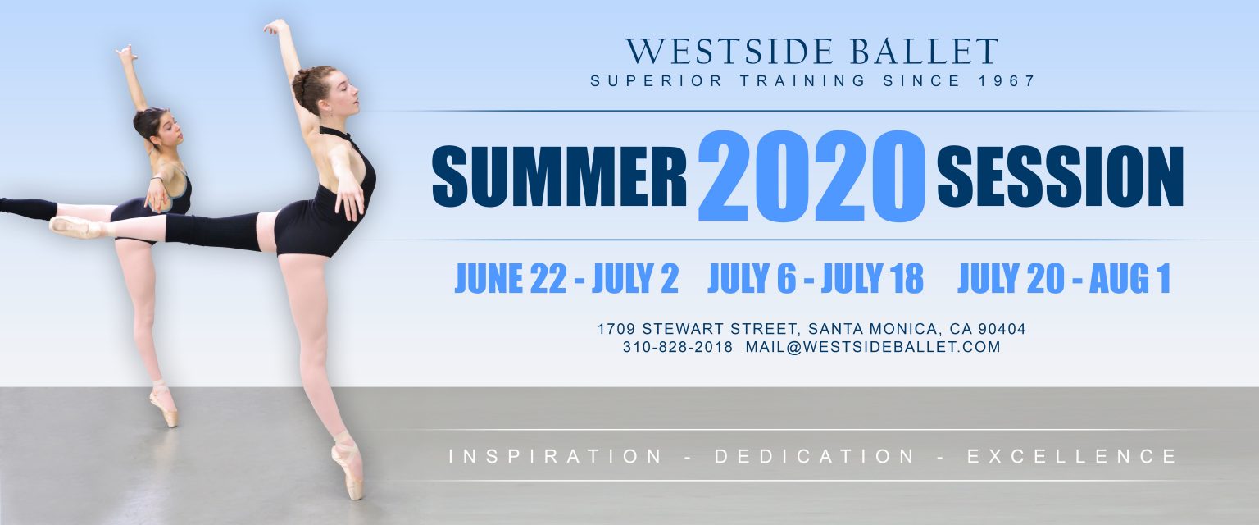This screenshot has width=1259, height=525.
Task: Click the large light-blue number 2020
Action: click(x=811, y=176)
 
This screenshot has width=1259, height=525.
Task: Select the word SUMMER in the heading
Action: click(x=559, y=176)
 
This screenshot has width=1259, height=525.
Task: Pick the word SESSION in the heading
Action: click(x=1060, y=176)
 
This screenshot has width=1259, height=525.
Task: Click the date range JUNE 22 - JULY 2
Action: click(x=566, y=278)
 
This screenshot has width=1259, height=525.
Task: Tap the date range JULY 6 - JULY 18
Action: click(x=815, y=278)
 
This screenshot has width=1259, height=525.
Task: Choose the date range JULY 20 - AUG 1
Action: click(x=1063, y=278)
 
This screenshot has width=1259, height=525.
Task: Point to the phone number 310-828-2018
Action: click(x=677, y=347)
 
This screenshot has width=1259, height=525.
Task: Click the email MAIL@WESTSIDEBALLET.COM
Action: click(x=873, y=347)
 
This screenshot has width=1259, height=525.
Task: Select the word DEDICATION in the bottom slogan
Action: click(x=815, y=456)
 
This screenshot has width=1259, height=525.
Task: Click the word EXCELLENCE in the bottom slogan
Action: click(x=1071, y=456)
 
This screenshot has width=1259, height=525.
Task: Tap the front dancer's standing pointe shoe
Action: click(x=348, y=466)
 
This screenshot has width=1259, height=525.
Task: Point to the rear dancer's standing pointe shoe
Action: click(x=164, y=405)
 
